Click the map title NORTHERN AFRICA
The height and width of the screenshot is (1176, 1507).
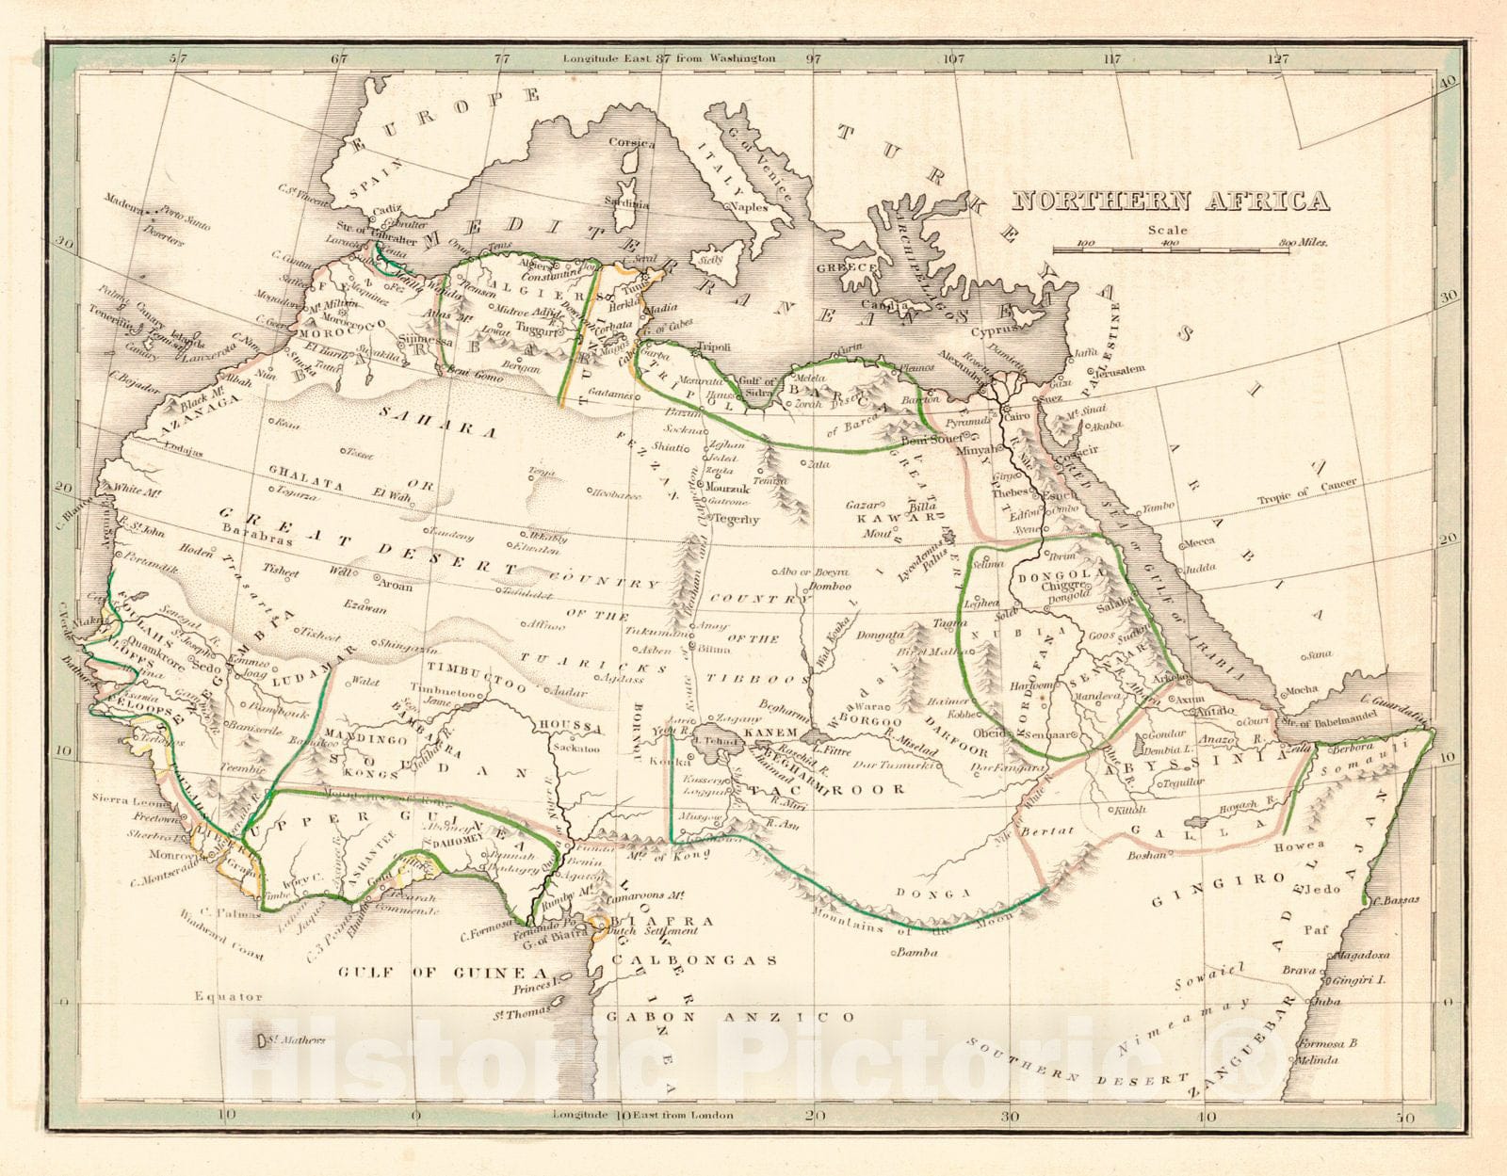[1171, 201]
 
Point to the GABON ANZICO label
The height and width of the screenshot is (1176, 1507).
[730, 1017]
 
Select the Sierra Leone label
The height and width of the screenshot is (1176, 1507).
[120, 799]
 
